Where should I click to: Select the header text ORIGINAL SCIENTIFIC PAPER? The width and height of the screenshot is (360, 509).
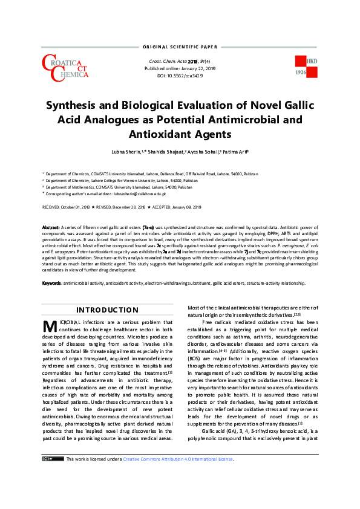pos(180,47)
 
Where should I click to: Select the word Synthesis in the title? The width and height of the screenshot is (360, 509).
pos(77,104)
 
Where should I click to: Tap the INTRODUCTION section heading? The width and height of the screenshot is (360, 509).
pos(107,310)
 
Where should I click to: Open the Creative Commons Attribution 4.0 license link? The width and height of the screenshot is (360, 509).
pos(179,493)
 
